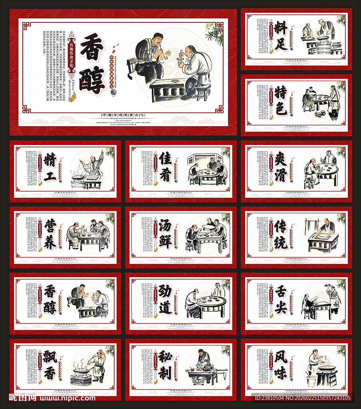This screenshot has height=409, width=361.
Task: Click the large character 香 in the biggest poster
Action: [92, 49]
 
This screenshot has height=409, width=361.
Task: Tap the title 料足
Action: [281, 36]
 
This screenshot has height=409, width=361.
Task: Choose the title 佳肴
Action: [165, 168]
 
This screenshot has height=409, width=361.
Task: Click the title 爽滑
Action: [281, 168]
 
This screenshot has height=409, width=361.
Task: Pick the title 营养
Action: [50, 234]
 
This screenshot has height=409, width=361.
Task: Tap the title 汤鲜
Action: [165, 234]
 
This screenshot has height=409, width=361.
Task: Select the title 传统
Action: [281, 234]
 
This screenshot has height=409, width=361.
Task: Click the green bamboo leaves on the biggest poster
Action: [215, 34]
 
